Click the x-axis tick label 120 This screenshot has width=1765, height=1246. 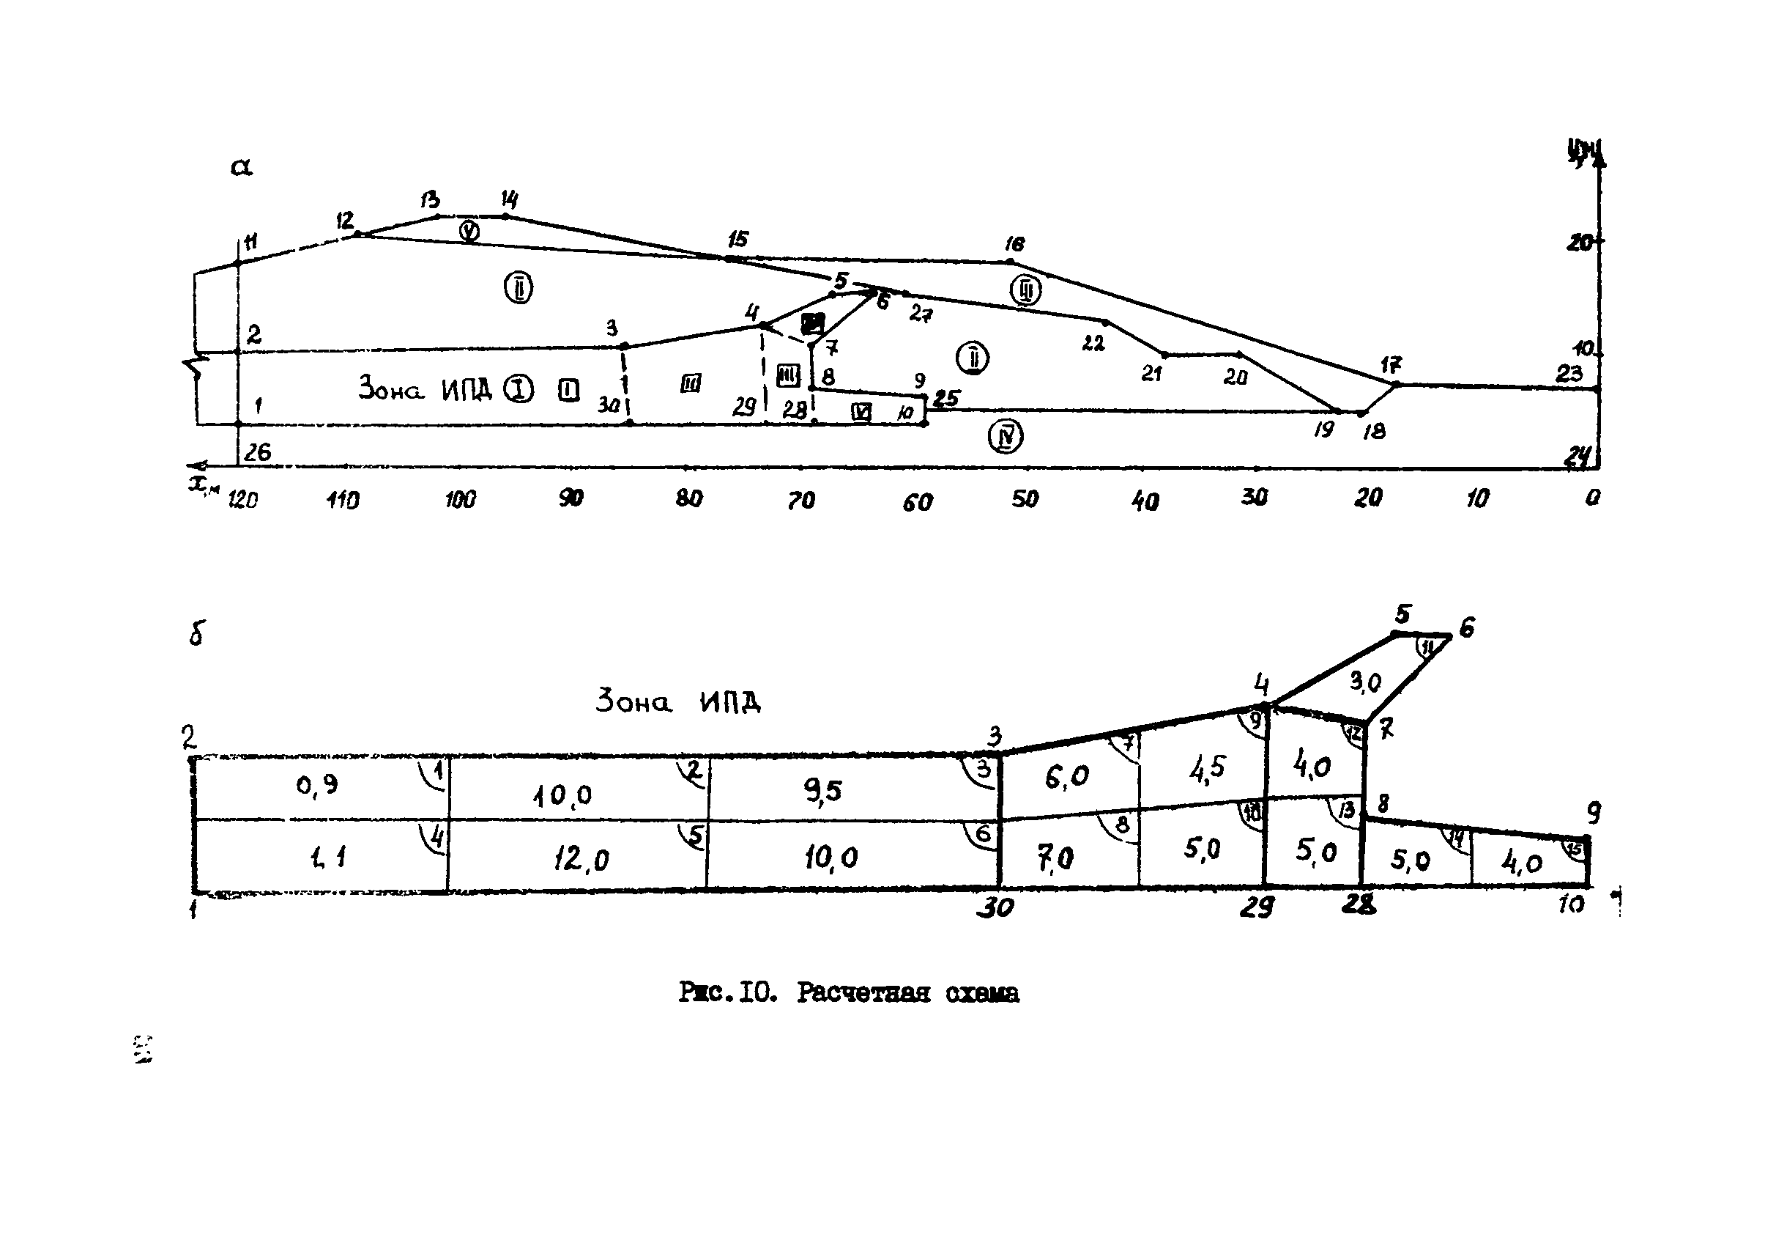243,500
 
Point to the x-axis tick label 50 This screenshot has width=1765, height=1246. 1025,499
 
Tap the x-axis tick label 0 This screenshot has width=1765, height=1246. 1592,498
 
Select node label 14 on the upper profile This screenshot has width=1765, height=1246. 509,200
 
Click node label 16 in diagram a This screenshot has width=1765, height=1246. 1015,245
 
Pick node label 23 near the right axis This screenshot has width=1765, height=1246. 1569,374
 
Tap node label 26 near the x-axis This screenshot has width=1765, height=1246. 258,452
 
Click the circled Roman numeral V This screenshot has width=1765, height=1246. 469,231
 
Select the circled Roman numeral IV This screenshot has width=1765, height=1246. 1005,437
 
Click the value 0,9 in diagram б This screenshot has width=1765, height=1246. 316,785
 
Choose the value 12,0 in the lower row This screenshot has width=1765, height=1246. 580,859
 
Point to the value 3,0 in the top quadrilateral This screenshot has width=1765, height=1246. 1365,682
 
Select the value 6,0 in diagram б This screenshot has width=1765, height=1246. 1067,778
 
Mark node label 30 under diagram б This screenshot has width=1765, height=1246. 995,908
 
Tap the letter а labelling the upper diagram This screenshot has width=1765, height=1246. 242,167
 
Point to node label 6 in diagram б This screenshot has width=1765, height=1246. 1467,628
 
